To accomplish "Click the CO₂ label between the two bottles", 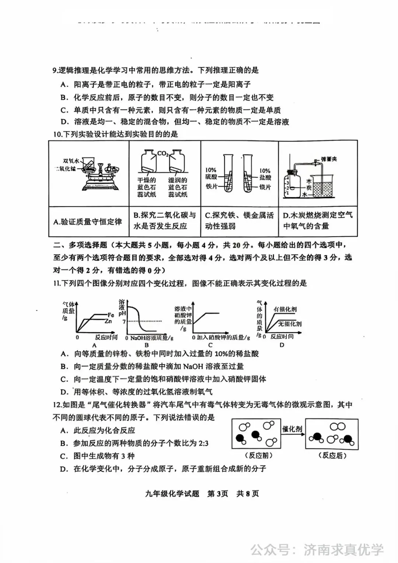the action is click(163, 153).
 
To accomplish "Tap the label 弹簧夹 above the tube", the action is click(329, 159).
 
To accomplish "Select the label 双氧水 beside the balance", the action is click(71, 161).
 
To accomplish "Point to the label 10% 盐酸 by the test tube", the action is click(265, 174).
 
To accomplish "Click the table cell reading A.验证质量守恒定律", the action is click(88, 222).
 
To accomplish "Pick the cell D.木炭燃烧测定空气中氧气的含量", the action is click(318, 220).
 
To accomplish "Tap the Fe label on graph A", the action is click(111, 315).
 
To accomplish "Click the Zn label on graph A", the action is click(108, 321).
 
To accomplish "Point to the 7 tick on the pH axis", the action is click(124, 322).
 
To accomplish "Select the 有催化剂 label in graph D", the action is click(285, 309).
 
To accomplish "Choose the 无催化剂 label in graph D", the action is click(290, 324).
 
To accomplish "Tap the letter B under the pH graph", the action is click(146, 345).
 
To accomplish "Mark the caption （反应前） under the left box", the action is click(258, 455).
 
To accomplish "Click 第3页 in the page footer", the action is click(217, 493).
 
